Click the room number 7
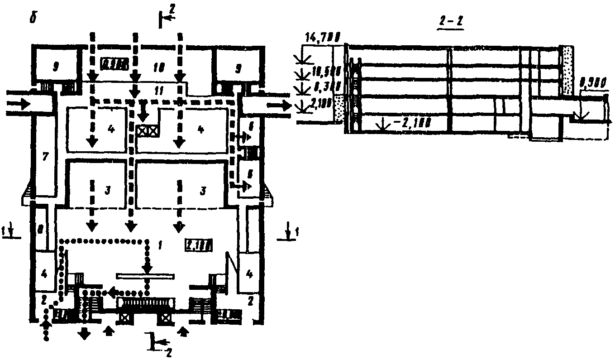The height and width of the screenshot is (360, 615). pos(45,157)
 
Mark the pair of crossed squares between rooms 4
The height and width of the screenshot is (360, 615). pos(148,130)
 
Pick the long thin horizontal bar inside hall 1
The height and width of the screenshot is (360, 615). pos(145,275)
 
